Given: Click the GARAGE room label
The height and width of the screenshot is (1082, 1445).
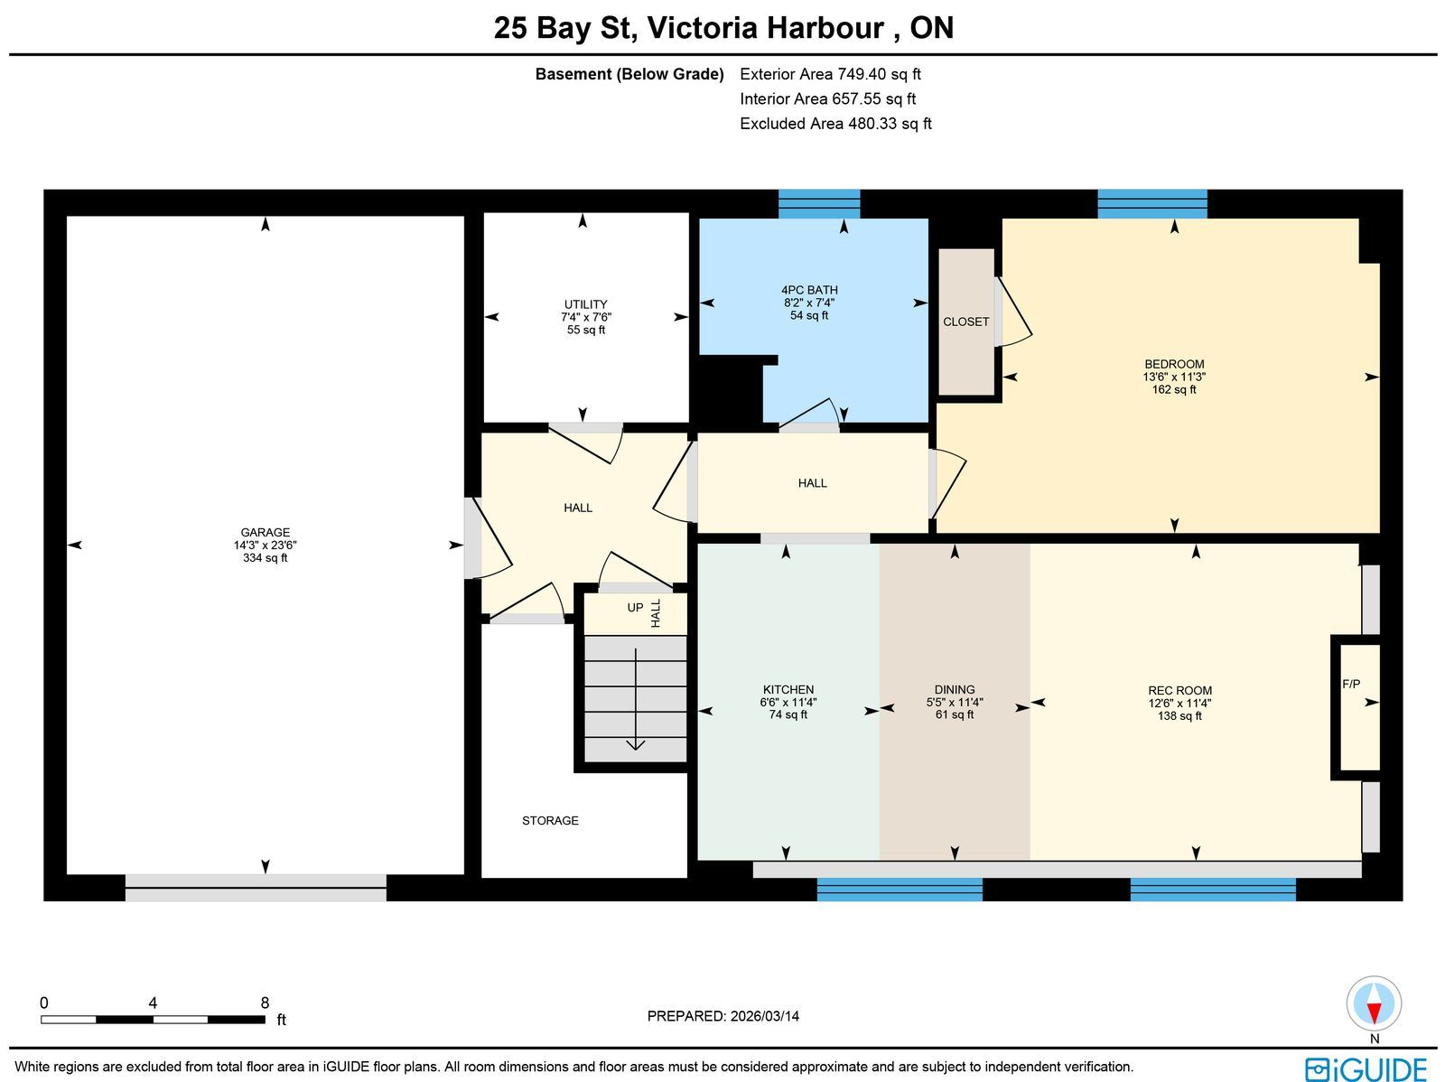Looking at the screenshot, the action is pyautogui.click(x=265, y=533).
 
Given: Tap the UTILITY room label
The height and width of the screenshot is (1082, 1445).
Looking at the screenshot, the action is pyautogui.click(x=585, y=304).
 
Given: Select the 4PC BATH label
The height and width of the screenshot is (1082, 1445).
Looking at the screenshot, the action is pyautogui.click(x=809, y=290).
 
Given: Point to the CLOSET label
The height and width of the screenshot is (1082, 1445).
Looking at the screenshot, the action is pyautogui.click(x=965, y=322).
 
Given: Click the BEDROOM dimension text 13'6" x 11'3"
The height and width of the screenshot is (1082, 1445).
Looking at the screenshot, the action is pyautogui.click(x=1174, y=378).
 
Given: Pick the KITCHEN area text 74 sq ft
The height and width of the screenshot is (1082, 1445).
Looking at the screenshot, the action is pyautogui.click(x=788, y=714).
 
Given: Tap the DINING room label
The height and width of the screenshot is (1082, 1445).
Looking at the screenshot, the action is pyautogui.click(x=955, y=690).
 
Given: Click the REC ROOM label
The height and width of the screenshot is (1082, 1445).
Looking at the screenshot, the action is pyautogui.click(x=1179, y=690).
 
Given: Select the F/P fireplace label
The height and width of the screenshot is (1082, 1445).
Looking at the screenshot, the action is pyautogui.click(x=1351, y=684).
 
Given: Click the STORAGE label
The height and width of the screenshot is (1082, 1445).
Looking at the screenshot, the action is pyautogui.click(x=550, y=821).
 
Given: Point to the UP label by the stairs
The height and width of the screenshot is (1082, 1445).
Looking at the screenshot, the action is pyautogui.click(x=635, y=608).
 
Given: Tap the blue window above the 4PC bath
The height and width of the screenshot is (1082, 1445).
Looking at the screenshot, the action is pyautogui.click(x=819, y=204).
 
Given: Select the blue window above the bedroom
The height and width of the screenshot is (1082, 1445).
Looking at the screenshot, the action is pyautogui.click(x=1152, y=204).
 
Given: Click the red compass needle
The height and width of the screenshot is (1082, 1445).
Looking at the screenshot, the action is pyautogui.click(x=1374, y=1012).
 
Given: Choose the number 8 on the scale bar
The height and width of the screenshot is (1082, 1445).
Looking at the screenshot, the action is pyautogui.click(x=265, y=1003).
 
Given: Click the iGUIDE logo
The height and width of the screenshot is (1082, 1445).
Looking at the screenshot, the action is pyautogui.click(x=1366, y=1068).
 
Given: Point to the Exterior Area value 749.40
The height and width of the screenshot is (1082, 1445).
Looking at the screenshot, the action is pyautogui.click(x=862, y=74).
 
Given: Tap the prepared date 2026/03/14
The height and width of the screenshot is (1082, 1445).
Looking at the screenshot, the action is pyautogui.click(x=764, y=1016).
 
